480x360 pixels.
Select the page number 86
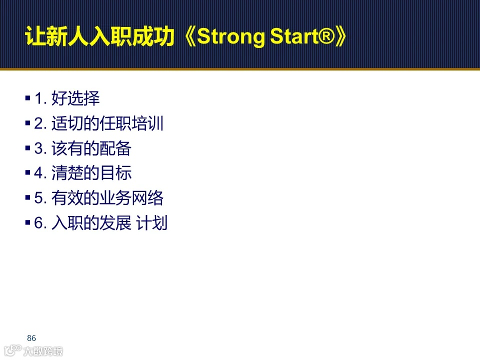point(31,338)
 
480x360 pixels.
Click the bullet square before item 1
point(27,98)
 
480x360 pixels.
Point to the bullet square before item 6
point(27,223)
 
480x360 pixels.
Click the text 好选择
point(75,98)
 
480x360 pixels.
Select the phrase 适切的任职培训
point(107,123)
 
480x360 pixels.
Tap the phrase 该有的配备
point(91,148)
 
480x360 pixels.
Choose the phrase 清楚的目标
point(91,173)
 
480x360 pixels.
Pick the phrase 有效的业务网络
point(107,198)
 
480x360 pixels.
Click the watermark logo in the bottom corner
point(32,350)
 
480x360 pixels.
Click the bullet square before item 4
point(27,173)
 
